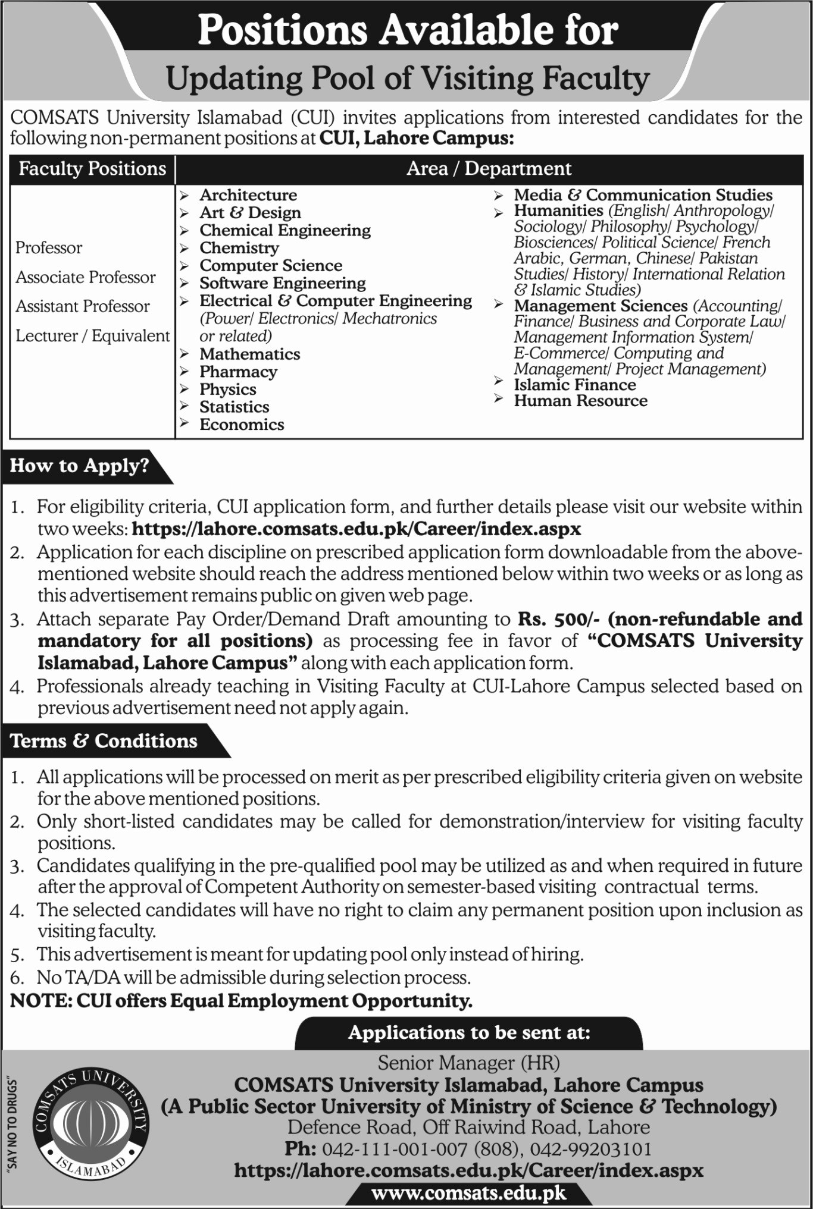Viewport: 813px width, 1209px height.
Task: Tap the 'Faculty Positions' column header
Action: point(92,169)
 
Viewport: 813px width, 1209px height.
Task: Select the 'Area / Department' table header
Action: point(489,169)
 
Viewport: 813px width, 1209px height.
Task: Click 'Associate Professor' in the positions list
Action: point(85,277)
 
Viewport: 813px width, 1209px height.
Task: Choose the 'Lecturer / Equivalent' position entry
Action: point(92,336)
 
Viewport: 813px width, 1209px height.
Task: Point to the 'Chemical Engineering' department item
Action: point(284,230)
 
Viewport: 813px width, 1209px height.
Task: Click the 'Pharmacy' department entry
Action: point(238,372)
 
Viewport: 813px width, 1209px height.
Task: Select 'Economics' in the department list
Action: point(242,425)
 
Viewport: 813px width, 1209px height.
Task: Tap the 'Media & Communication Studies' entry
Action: point(643,195)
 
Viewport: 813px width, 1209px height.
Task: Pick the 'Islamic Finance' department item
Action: point(574,385)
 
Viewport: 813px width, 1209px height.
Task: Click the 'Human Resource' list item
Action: point(580,401)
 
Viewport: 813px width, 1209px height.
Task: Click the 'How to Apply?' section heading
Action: point(79,466)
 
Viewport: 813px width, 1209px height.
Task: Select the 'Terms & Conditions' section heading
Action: point(104,741)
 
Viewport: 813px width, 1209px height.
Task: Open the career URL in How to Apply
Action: point(356,529)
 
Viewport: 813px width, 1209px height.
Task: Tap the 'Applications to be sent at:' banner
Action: point(469,1032)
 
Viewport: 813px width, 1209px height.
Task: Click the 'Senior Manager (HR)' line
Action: point(468,1063)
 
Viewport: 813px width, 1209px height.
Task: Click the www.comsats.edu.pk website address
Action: point(468,1193)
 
